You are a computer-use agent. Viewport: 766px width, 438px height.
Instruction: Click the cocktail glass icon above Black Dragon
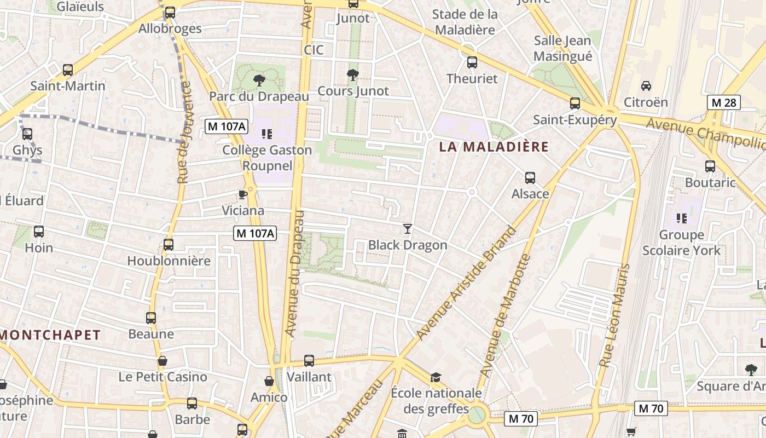(x=407, y=228)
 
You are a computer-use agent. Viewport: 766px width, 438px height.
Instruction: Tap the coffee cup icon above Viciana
(x=243, y=194)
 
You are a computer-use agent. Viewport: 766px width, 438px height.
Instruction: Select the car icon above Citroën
(x=646, y=86)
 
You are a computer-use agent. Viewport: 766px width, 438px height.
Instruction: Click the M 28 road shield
(x=723, y=102)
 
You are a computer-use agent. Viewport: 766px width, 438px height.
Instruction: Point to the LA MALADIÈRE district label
(x=494, y=147)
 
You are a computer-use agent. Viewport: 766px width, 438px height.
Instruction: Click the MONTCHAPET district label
(x=50, y=335)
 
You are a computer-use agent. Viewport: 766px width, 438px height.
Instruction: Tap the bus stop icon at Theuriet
(x=472, y=62)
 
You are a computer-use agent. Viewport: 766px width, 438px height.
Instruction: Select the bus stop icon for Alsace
(x=530, y=177)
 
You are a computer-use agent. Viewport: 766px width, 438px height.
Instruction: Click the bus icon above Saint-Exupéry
(x=574, y=103)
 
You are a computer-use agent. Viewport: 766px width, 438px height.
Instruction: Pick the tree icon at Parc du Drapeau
(x=259, y=81)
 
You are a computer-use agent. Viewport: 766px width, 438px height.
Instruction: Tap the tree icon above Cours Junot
(x=353, y=75)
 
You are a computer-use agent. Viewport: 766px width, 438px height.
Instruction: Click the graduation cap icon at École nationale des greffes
(x=436, y=377)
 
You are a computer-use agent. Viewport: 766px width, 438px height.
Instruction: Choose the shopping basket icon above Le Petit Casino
(x=163, y=361)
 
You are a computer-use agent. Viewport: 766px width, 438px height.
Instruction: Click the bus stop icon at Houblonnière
(x=169, y=245)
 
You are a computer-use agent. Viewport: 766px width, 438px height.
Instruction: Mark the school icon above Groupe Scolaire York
(x=681, y=218)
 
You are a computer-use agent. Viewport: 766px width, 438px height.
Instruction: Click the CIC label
(x=314, y=50)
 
